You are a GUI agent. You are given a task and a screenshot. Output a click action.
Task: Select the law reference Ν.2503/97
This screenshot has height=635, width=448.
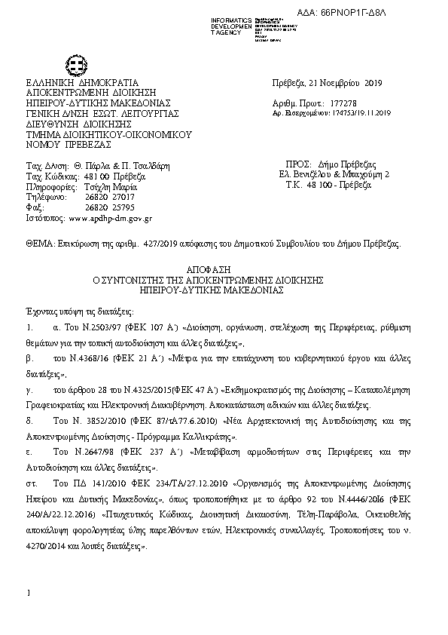point(95,330)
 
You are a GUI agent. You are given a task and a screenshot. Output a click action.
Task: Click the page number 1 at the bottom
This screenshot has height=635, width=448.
point(28,595)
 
